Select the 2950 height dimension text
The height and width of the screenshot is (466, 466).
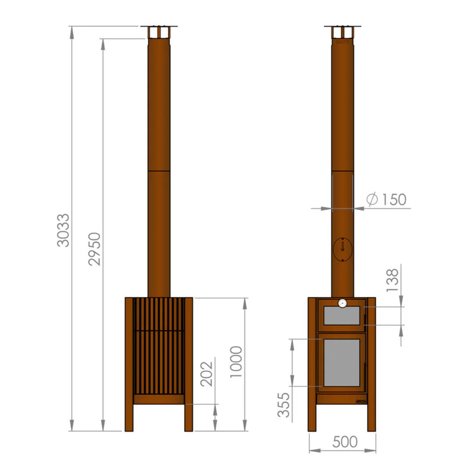(x=95, y=249)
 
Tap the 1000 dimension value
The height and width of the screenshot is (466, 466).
(x=235, y=362)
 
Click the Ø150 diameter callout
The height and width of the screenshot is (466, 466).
(x=386, y=200)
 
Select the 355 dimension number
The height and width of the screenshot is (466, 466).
(x=284, y=403)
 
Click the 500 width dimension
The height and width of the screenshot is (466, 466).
(x=345, y=442)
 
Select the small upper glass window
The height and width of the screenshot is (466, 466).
(x=342, y=317)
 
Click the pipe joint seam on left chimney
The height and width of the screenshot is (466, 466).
(x=159, y=171)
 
